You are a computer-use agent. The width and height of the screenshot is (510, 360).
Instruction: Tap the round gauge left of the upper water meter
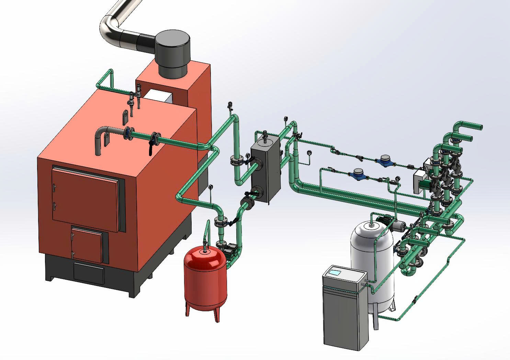point(309,152)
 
